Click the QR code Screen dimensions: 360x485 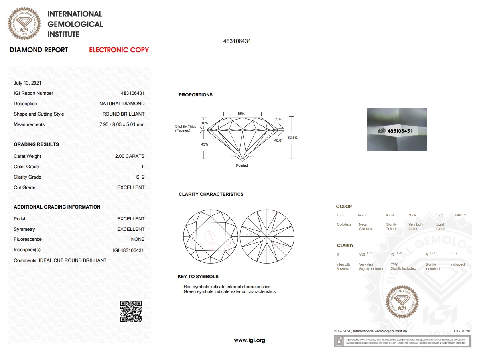(x=131, y=311)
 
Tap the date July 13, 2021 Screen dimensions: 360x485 (x=27, y=83)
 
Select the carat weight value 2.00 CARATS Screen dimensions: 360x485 (x=130, y=156)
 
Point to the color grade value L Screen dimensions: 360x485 (x=143, y=167)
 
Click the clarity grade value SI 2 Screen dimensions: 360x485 (x=140, y=177)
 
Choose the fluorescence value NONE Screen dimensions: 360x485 (x=138, y=239)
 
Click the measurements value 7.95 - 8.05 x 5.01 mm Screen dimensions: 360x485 (x=122, y=124)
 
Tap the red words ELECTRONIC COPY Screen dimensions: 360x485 (x=119, y=50)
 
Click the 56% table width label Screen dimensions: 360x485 (x=241, y=114)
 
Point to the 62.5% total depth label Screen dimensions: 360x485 (x=292, y=138)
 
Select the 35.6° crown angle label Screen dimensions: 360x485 (x=278, y=119)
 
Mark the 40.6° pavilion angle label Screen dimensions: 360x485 (x=278, y=140)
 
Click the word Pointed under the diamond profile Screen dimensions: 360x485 (x=242, y=165)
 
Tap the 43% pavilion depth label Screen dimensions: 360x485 (x=205, y=144)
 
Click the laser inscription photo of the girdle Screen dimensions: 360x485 (x=397, y=130)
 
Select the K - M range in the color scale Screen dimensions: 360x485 (x=390, y=215)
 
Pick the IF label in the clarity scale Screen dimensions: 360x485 (x=338, y=254)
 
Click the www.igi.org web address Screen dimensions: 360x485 (x=249, y=340)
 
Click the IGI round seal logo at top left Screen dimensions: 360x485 (x=24, y=24)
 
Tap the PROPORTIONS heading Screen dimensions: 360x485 (x=195, y=95)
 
